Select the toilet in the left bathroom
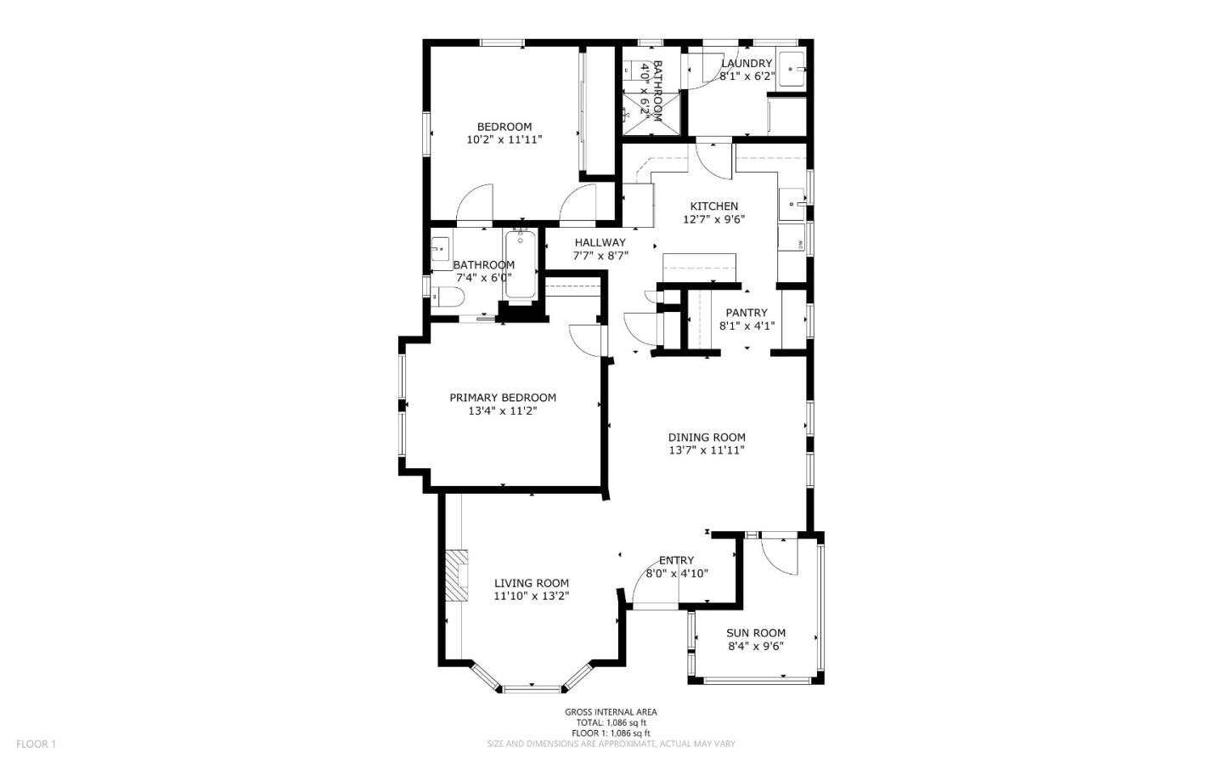(448, 297)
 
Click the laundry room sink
(793, 66)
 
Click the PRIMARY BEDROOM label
(503, 398)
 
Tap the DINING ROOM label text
(707, 438)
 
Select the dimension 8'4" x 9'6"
(755, 646)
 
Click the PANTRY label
(747, 313)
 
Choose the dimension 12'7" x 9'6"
(714, 219)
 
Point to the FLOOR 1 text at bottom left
(36, 744)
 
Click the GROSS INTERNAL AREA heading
(611, 712)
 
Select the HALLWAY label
(600, 243)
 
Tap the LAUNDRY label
(747, 63)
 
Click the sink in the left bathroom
(441, 248)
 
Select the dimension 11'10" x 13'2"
(532, 597)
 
